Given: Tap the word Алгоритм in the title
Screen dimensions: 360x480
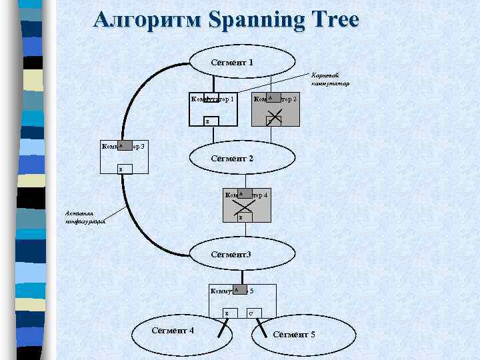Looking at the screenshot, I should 146,20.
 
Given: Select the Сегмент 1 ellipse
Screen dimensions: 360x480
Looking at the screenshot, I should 241,62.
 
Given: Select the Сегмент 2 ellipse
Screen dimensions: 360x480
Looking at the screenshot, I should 241,159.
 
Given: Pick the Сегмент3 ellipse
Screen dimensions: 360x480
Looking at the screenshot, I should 241,254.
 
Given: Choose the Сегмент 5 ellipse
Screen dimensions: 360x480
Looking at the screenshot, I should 294,333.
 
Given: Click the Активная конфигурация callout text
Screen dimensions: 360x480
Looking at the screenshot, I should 85,217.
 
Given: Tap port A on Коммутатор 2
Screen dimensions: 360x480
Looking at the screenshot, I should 270,97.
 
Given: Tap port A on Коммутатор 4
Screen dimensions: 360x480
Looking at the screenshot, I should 241,193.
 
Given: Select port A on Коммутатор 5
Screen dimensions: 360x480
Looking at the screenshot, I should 236,289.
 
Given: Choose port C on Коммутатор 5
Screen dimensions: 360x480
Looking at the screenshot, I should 251,313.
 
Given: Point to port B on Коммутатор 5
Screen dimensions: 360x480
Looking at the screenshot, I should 227,313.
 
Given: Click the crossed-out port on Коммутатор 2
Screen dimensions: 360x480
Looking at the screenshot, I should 273,120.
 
